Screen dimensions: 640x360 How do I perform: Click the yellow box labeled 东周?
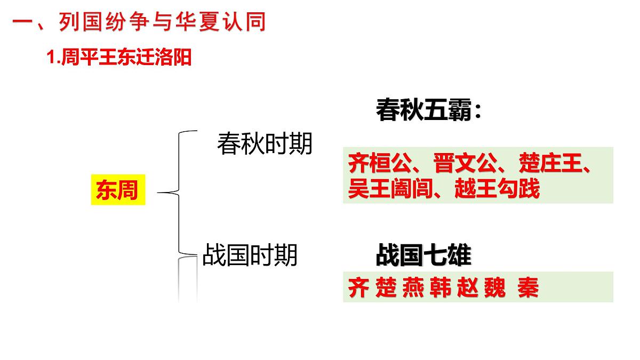click(118, 190)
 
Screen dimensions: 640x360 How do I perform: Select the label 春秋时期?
click(265, 143)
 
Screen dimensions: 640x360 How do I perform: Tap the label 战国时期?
click(250, 255)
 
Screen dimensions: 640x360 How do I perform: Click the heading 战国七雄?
click(423, 255)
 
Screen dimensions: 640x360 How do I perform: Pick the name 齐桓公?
click(380, 163)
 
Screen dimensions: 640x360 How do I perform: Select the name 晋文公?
click(465, 163)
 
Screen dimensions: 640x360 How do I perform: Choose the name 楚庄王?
click(550, 163)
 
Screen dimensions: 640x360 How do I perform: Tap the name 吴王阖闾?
click(390, 188)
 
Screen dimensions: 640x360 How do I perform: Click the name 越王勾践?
click(497, 188)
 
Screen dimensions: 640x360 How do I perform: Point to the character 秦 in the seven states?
click(528, 287)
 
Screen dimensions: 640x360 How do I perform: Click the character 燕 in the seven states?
click(413, 287)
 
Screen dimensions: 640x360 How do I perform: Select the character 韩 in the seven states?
click(441, 287)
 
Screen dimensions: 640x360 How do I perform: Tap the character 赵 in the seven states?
click(467, 287)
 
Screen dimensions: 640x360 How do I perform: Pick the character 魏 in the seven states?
click(495, 287)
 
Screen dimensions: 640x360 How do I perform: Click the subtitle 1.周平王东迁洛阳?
click(119, 57)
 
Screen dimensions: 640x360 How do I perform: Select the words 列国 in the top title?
click(81, 22)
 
